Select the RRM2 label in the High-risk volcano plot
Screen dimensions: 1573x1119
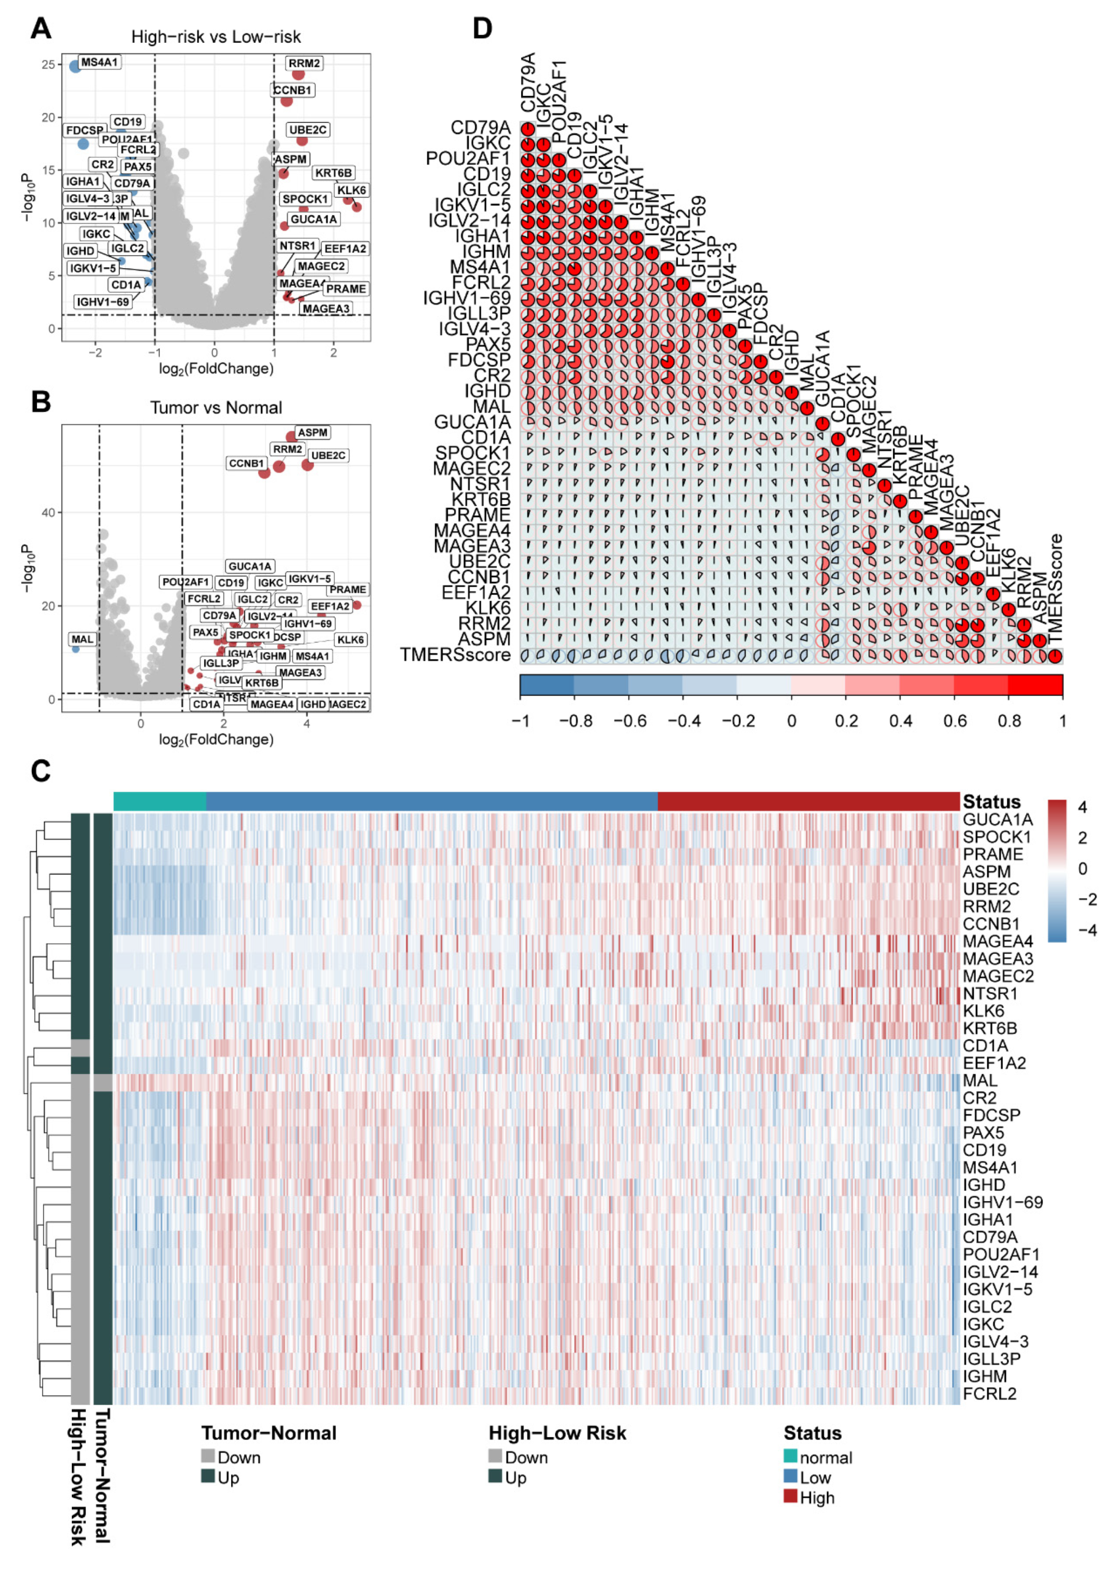point(304,63)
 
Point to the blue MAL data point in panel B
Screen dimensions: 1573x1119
point(76,649)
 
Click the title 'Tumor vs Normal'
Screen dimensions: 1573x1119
point(216,408)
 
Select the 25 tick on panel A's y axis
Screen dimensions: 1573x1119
point(48,65)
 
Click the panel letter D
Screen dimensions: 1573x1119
point(482,29)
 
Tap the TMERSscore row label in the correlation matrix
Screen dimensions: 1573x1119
point(455,655)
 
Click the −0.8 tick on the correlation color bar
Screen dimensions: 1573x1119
point(575,721)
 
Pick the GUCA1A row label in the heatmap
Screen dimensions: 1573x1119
point(997,820)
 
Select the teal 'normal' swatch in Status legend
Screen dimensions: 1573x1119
point(790,1456)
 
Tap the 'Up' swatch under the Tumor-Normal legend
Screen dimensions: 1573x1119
point(208,1476)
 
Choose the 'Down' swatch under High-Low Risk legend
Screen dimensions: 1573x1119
point(495,1456)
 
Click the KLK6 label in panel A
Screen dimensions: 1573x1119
point(351,190)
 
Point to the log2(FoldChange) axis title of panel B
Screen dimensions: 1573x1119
point(216,739)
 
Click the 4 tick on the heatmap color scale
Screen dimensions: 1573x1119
point(1082,807)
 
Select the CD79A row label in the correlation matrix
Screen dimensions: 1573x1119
point(480,128)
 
